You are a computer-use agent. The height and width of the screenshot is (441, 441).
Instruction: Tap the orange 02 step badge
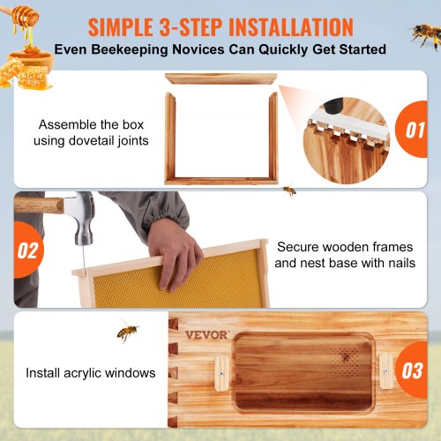click(26, 250)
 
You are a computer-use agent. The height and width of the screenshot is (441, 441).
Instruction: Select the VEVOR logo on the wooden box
click(206, 335)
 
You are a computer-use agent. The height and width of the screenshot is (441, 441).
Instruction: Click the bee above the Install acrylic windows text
click(128, 332)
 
